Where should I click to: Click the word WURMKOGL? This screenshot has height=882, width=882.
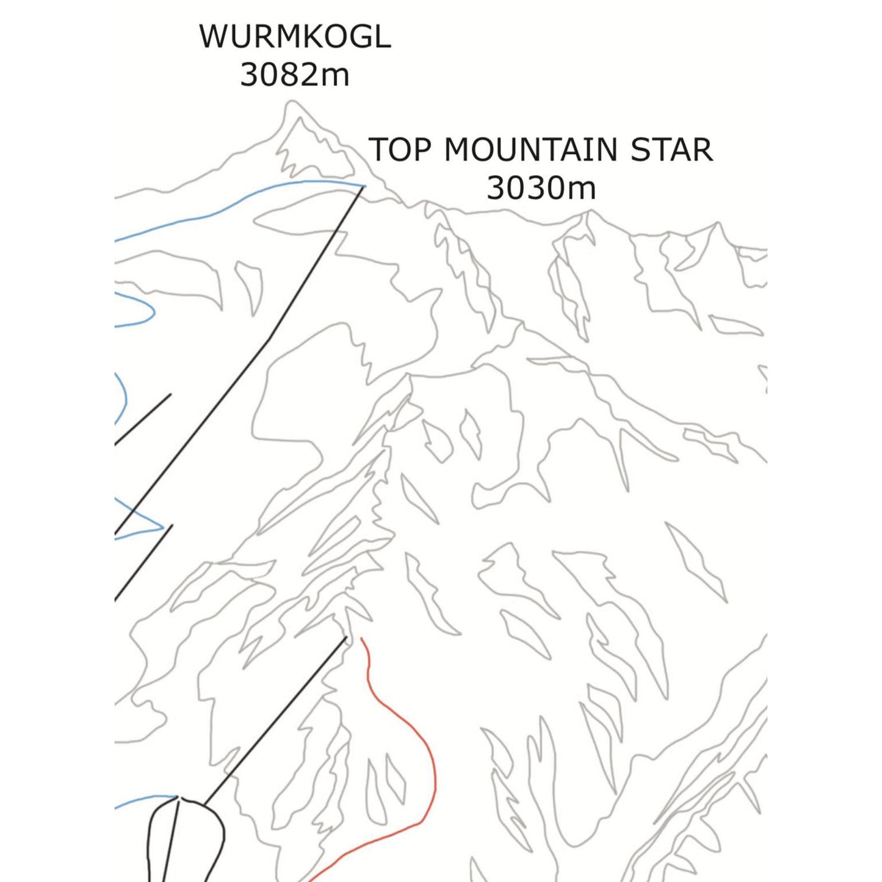295,37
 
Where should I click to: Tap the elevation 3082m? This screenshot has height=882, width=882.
295,75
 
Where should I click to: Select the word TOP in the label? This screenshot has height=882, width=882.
400,150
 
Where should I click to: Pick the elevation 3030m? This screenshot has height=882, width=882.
541,188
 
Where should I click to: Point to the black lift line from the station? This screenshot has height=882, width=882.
275,720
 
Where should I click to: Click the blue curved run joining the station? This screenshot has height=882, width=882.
143,800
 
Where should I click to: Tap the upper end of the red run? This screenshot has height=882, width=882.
361,640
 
